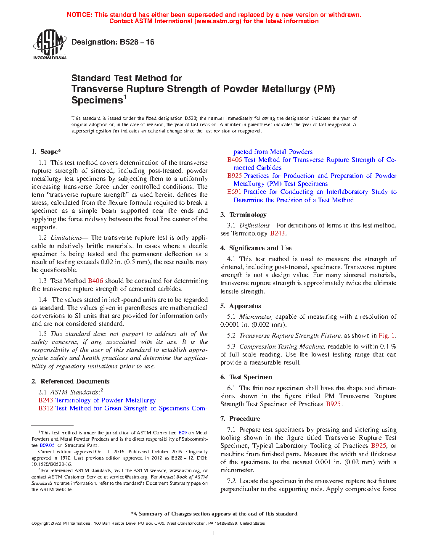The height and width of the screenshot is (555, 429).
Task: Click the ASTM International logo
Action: coord(50,44)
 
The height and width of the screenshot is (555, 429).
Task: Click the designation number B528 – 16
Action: coord(137,42)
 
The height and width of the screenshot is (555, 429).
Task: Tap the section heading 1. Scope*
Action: coord(46,152)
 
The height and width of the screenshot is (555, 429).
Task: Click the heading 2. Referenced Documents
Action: coord(71,381)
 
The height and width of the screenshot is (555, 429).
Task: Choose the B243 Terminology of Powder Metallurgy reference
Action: coord(97,400)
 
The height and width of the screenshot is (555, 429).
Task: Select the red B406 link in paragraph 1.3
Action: coord(95,281)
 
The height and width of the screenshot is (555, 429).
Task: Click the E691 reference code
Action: coord(234,192)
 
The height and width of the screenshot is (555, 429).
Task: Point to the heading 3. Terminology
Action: coord(244,215)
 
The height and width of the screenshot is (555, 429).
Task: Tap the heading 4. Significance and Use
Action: coord(256,248)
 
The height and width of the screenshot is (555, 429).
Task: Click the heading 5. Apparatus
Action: coord(241,306)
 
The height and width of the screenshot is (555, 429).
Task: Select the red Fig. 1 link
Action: coord(387,336)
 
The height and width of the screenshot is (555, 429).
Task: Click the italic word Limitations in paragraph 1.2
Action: coord(66,238)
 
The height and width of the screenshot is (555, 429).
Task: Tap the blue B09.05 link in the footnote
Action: coord(47,445)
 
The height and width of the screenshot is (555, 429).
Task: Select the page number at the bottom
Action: coord(214,534)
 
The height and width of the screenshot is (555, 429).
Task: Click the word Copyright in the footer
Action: coord(40,523)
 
